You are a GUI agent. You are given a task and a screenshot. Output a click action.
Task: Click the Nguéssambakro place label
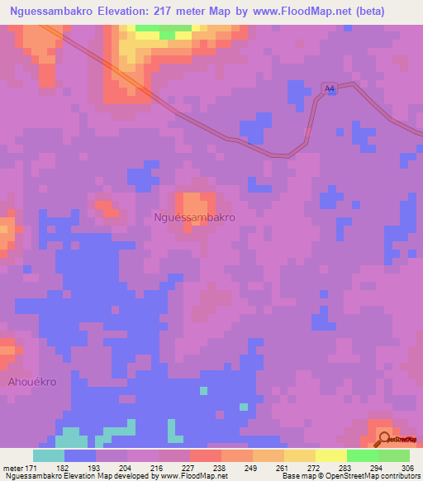pyautogui.click(x=194, y=217)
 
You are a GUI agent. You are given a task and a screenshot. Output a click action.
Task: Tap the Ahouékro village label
pyautogui.click(x=31, y=383)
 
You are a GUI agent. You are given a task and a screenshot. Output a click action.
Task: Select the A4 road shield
pyautogui.click(x=330, y=88)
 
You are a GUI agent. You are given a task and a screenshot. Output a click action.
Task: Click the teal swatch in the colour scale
pyautogui.click(x=49, y=455)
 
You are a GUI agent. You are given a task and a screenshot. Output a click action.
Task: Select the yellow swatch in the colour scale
pyautogui.click(x=331, y=455)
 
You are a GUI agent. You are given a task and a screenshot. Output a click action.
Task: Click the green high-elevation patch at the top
pyautogui.click(x=173, y=32)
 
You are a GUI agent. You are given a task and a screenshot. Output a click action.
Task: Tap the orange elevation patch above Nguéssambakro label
pyautogui.click(x=195, y=205)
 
